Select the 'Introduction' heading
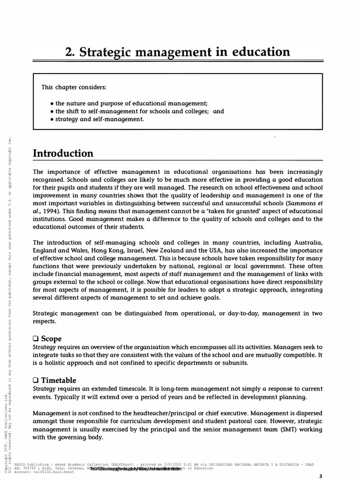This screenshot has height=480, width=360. point(63,153)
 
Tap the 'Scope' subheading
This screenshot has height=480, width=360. point(51,338)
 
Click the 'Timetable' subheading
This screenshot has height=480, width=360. point(59,380)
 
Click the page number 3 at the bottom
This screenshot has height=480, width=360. point(321,476)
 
